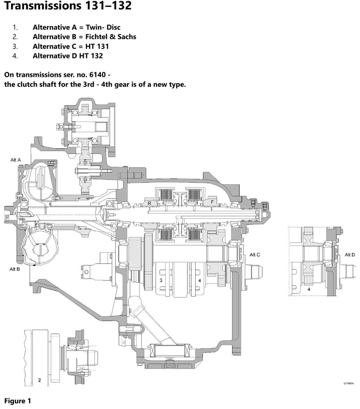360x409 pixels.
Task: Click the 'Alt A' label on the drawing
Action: (x=15, y=160)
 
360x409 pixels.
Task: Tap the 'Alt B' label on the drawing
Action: (x=15, y=269)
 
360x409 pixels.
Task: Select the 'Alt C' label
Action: (x=255, y=255)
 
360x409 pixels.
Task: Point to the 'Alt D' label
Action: (x=350, y=255)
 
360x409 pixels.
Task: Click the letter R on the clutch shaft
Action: (x=149, y=203)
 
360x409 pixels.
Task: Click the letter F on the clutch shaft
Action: (x=212, y=202)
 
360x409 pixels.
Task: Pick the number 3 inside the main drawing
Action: (x=161, y=280)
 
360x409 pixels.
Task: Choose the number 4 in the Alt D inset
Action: (x=309, y=289)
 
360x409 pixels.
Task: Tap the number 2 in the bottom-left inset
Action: (x=39, y=380)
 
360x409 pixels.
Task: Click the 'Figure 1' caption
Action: (x=18, y=401)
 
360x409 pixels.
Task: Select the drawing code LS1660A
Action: (x=348, y=383)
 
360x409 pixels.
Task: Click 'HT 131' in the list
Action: (x=97, y=46)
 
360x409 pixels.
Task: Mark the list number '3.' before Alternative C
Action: (x=15, y=46)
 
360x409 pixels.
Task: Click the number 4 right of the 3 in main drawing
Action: (x=200, y=280)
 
